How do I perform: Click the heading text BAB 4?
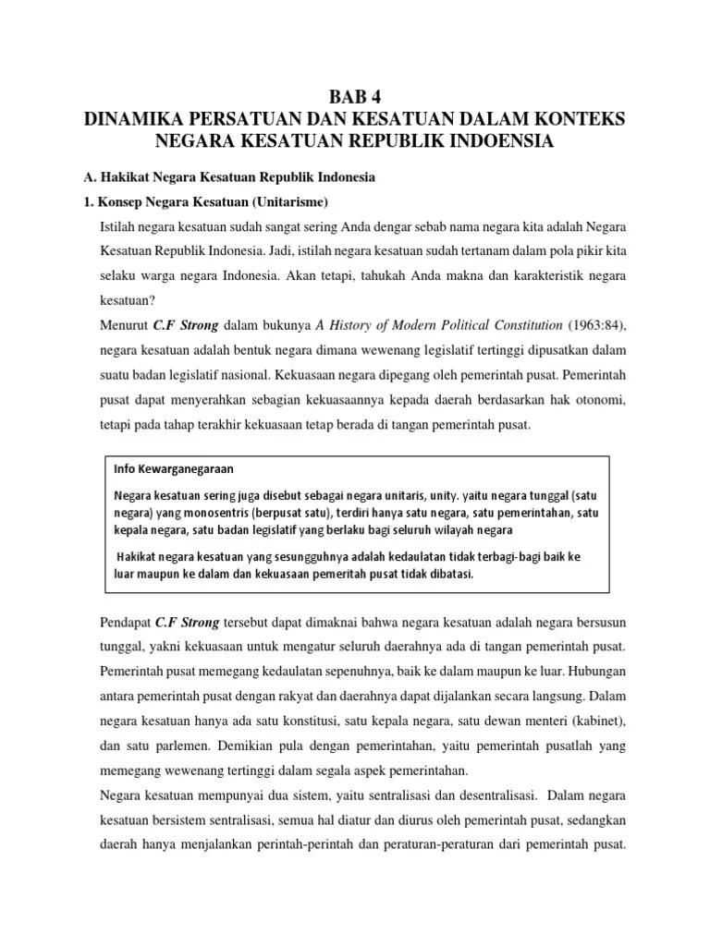(x=355, y=99)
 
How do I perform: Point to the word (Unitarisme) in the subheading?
(x=288, y=202)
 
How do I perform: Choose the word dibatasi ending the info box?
(x=449, y=574)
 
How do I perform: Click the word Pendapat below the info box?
(x=125, y=619)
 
